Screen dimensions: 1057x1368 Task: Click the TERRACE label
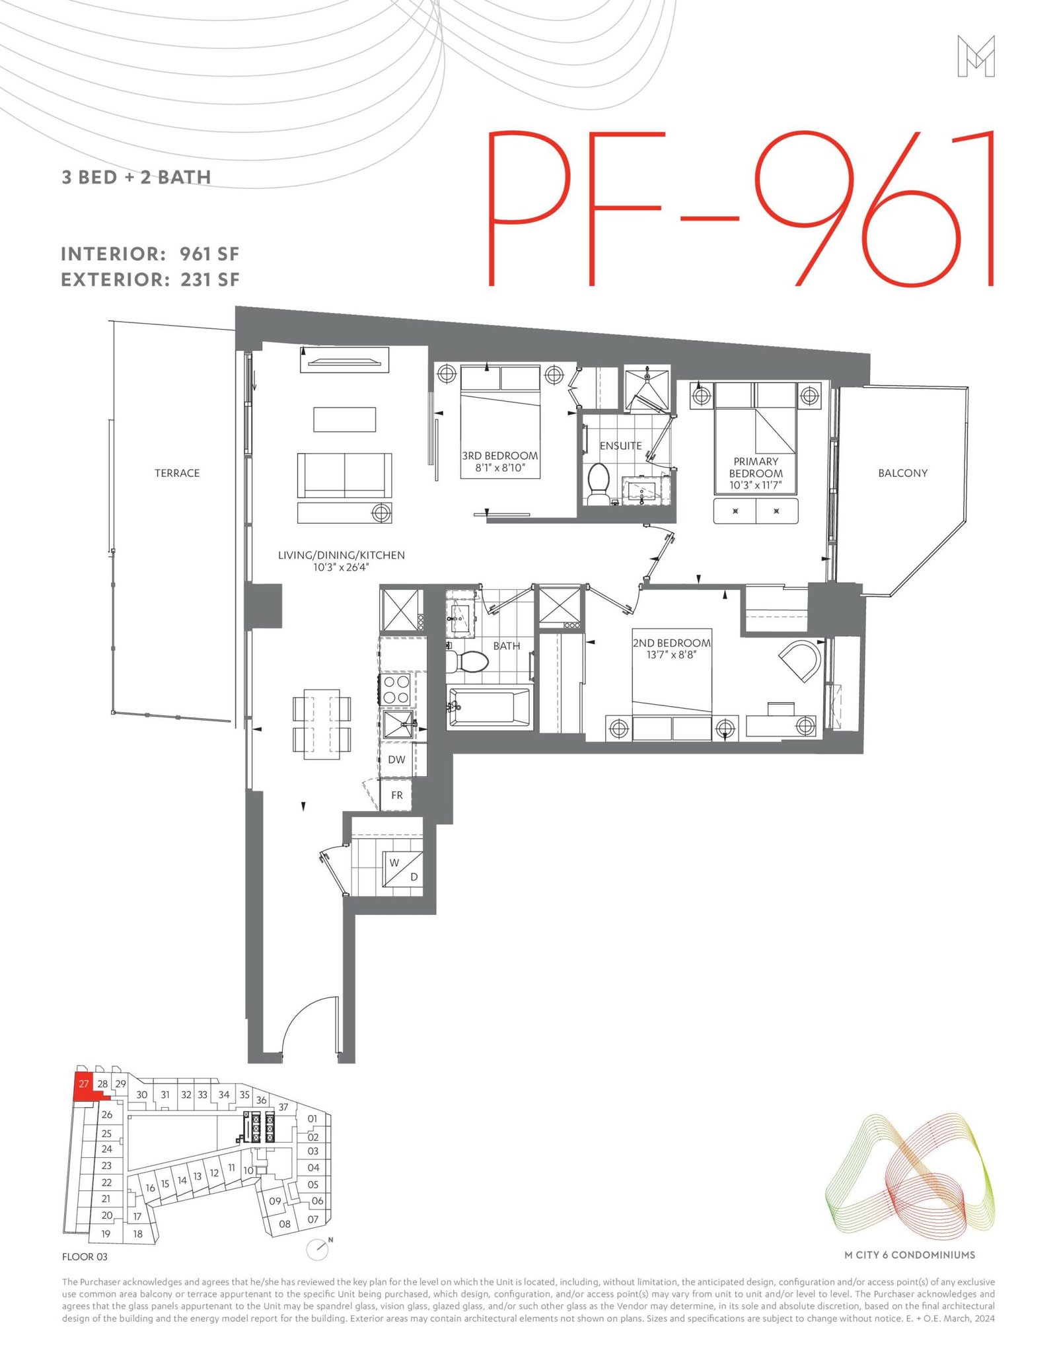pyautogui.click(x=177, y=473)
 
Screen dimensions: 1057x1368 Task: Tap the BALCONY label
pyautogui.click(x=902, y=473)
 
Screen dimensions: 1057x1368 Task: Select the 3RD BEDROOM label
pyautogui.click(x=500, y=456)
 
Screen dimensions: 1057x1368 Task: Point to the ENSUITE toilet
pyautogui.click(x=599, y=484)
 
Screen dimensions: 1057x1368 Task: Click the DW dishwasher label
pyautogui.click(x=396, y=760)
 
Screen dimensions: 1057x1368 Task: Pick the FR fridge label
pyautogui.click(x=396, y=795)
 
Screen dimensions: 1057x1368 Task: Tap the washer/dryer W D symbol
pyautogui.click(x=403, y=869)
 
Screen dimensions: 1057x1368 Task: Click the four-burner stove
pyautogui.click(x=395, y=689)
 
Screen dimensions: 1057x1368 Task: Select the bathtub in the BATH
pyautogui.click(x=489, y=707)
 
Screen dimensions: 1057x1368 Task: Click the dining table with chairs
pyautogui.click(x=322, y=724)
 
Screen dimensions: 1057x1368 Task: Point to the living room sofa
pyautogui.click(x=344, y=476)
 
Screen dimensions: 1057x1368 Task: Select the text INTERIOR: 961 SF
pyautogui.click(x=150, y=254)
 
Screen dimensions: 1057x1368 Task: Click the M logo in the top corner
pyautogui.click(x=976, y=56)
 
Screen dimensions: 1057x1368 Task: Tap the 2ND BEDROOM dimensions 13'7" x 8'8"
pyautogui.click(x=671, y=655)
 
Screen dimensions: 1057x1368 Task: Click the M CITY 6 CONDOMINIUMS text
pyautogui.click(x=910, y=1255)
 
